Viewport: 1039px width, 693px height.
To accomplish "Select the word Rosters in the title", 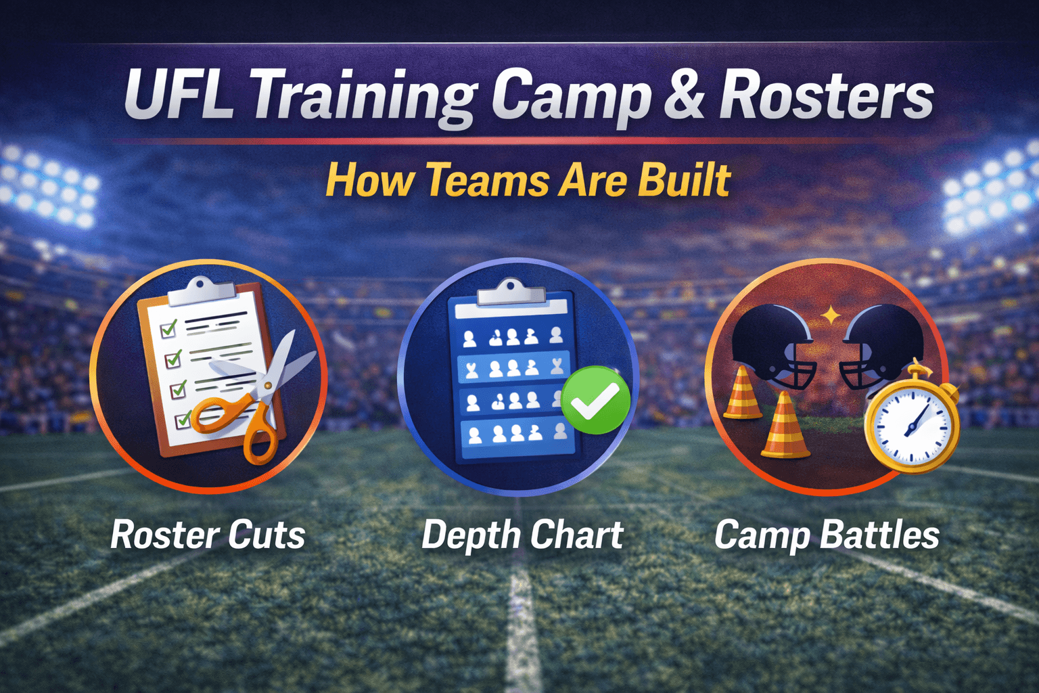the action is (x=826, y=96).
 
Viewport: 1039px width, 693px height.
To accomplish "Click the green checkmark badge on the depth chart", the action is (x=595, y=400).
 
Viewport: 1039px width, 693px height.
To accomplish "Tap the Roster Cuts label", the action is (x=208, y=535).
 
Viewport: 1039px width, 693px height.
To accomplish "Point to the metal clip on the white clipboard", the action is (x=200, y=291).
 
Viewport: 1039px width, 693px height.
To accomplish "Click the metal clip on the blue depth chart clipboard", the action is (x=511, y=292).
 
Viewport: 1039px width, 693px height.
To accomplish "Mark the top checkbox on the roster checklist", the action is (x=168, y=329).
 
